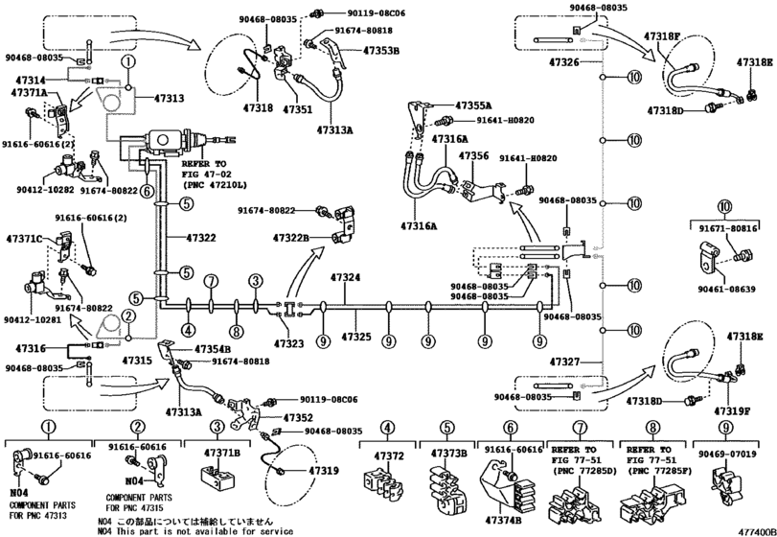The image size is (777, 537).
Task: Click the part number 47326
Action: click(563, 61)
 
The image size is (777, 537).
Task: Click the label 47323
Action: click(288, 341)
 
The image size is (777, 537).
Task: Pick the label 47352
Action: click(299, 418)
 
